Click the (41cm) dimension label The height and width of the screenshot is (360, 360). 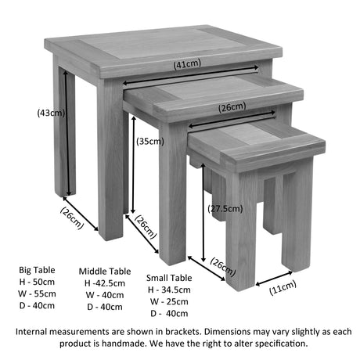pyautogui.click(x=187, y=64)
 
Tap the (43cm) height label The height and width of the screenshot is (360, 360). pyautogui.click(x=51, y=113)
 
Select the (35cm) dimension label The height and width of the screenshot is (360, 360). pyautogui.click(x=150, y=142)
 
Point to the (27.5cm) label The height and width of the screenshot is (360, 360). pyautogui.click(x=225, y=209)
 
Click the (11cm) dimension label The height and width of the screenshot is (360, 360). pyautogui.click(x=283, y=288)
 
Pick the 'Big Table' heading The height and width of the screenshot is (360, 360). pyautogui.click(x=37, y=270)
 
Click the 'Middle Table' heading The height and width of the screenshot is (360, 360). pyautogui.click(x=105, y=272)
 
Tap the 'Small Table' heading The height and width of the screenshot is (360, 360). pyautogui.click(x=169, y=278)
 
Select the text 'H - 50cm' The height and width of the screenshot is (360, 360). pyautogui.click(x=37, y=282)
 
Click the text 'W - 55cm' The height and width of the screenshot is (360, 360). pyautogui.click(x=37, y=293)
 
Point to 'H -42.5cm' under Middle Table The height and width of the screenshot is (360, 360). pyautogui.click(x=105, y=283)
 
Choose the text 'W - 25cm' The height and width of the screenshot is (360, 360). pyautogui.click(x=169, y=301)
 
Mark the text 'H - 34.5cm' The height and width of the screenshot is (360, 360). pyautogui.click(x=169, y=290)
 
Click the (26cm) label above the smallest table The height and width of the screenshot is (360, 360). pyautogui.click(x=232, y=107)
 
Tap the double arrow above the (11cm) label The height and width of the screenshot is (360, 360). pyautogui.click(x=274, y=278)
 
